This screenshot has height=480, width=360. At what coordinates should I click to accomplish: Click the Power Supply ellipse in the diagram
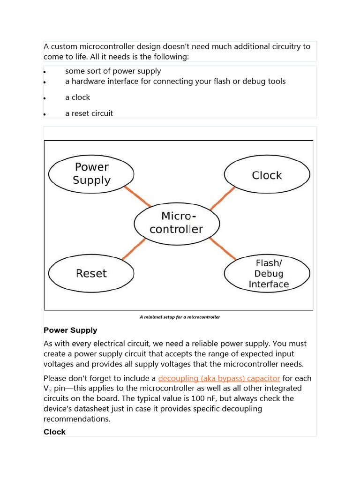pyautogui.click(x=91, y=173)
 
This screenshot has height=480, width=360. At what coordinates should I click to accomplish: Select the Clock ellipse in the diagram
pyautogui.click(x=267, y=175)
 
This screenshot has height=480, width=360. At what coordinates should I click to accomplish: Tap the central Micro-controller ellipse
pyautogui.click(x=176, y=223)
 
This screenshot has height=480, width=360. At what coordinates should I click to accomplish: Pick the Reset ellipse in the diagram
pyautogui.click(x=91, y=273)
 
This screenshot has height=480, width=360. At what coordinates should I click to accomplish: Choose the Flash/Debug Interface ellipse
pyautogui.click(x=267, y=274)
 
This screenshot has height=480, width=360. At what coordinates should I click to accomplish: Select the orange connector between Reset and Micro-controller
pyautogui.click(x=134, y=249)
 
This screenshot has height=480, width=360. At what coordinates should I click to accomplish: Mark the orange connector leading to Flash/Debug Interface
pyautogui.click(x=223, y=248)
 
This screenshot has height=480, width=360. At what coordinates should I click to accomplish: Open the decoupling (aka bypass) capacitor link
pyautogui.click(x=219, y=378)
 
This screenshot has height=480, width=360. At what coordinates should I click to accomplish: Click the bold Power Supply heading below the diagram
pyautogui.click(x=70, y=330)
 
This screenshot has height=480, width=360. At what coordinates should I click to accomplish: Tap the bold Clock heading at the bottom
pyautogui.click(x=55, y=432)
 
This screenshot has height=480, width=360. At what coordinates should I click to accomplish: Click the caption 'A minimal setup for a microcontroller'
pyautogui.click(x=180, y=317)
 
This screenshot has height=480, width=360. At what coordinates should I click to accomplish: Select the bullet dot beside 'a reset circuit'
pyautogui.click(x=45, y=114)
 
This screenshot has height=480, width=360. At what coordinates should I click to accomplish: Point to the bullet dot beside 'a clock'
pyautogui.click(x=45, y=98)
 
